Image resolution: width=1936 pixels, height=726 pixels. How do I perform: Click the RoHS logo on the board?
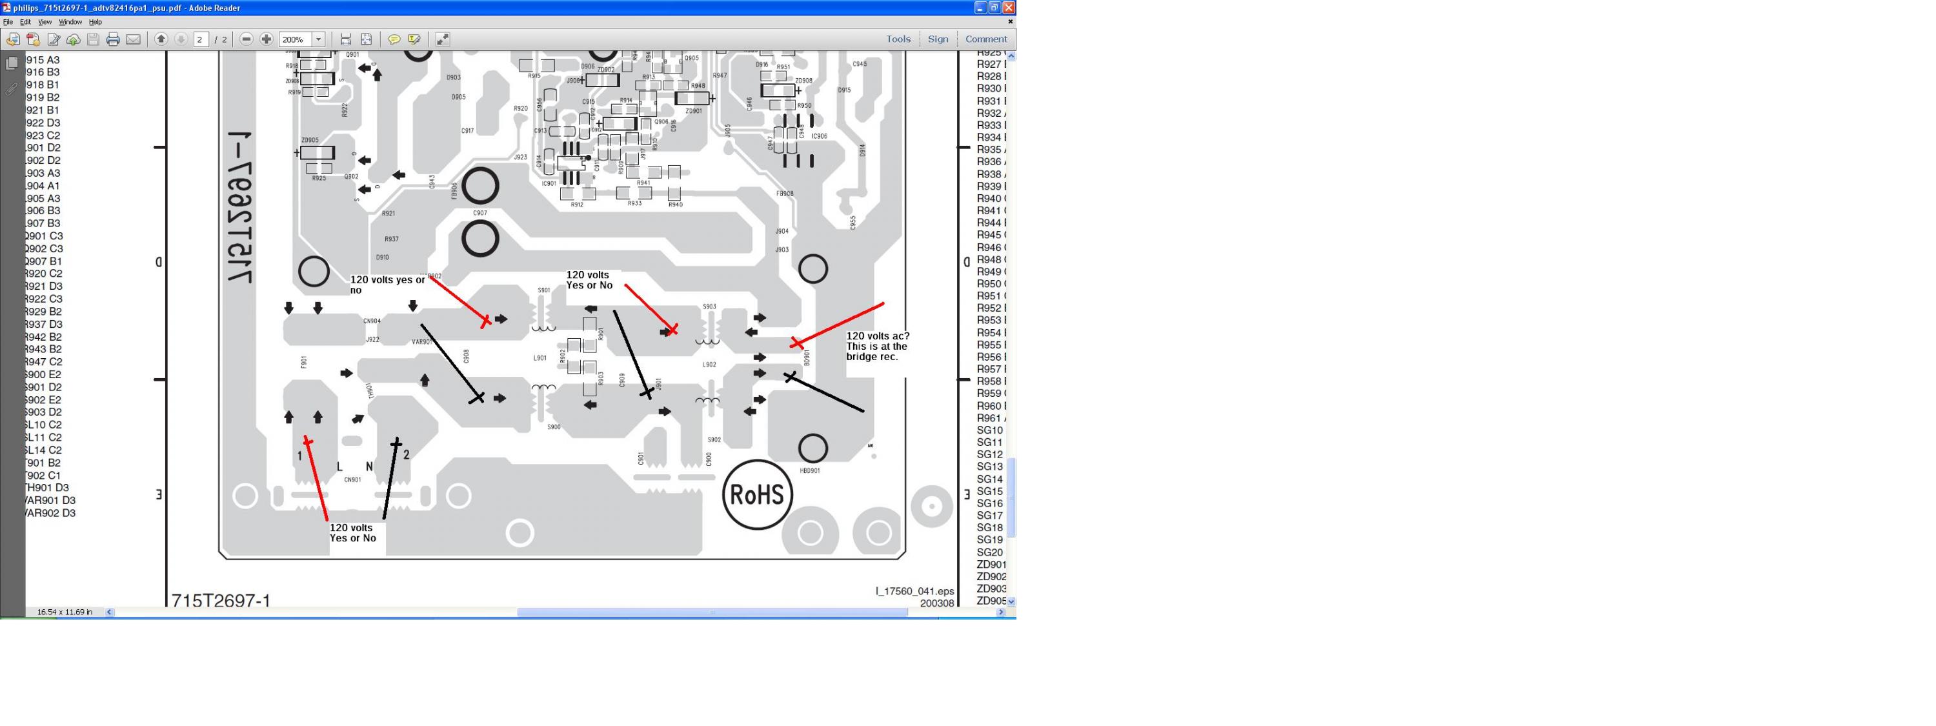pyautogui.click(x=757, y=494)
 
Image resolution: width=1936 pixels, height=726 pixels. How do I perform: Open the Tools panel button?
pyautogui.click(x=898, y=39)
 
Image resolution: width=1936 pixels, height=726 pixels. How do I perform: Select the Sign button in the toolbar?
pyautogui.click(x=937, y=39)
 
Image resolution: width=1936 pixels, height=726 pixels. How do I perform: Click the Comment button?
pyautogui.click(x=985, y=39)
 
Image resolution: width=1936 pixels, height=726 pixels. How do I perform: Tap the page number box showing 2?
pyautogui.click(x=201, y=40)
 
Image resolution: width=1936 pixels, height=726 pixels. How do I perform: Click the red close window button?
pyautogui.click(x=1009, y=8)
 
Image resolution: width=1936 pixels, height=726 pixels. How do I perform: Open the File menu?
pyautogui.click(x=8, y=22)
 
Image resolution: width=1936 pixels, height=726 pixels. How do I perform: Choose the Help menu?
pyautogui.click(x=96, y=22)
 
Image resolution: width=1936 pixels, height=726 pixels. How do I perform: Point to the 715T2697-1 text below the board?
pyautogui.click(x=221, y=600)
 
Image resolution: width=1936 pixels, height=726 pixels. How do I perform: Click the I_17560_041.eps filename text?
pyautogui.click(x=914, y=590)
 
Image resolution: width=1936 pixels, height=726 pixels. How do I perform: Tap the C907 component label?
pyautogui.click(x=480, y=213)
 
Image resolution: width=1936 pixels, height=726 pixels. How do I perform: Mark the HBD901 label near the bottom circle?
pyautogui.click(x=809, y=470)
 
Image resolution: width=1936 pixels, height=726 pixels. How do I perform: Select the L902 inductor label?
pyautogui.click(x=709, y=365)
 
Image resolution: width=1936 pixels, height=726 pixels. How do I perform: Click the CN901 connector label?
pyautogui.click(x=352, y=479)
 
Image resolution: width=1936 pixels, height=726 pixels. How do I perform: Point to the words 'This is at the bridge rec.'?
pyautogui.click(x=876, y=351)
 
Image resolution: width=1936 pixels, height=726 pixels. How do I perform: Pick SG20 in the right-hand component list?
pyautogui.click(x=990, y=552)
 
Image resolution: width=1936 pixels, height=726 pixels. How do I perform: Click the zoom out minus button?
pyautogui.click(x=247, y=39)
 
